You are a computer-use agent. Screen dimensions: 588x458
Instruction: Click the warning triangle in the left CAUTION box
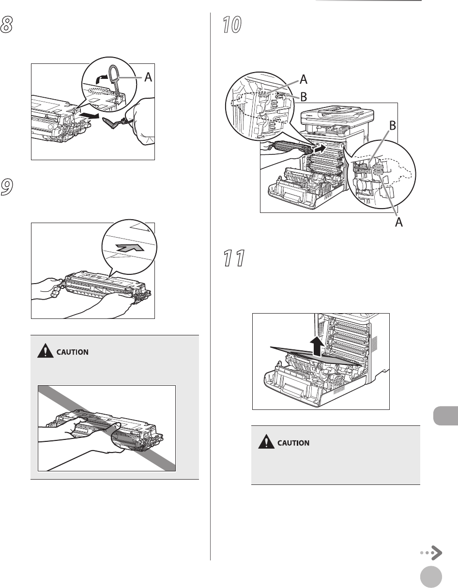coord(44,352)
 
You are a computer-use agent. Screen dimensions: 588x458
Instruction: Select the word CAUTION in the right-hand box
coord(293,443)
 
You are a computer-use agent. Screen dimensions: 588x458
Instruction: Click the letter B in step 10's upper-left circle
coord(303,97)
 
